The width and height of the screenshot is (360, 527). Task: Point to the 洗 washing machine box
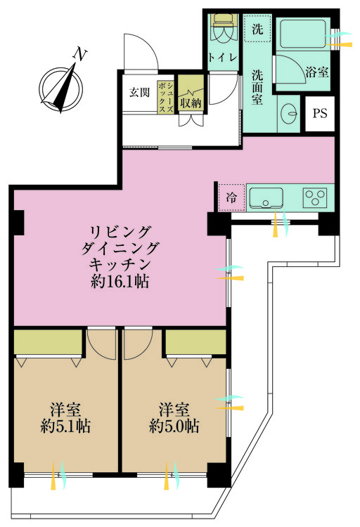coord(257,30)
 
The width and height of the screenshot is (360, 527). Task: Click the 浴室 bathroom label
coord(317,71)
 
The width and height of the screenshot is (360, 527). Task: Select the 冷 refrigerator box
coord(231,198)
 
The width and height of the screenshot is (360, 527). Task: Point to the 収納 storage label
coord(189,102)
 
